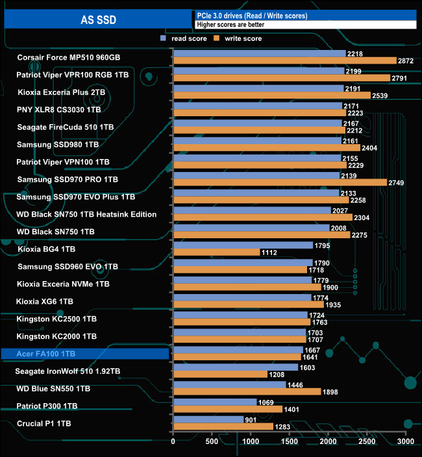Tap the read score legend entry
pyautogui.click(x=184, y=38)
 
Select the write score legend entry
pyautogui.click(x=240, y=38)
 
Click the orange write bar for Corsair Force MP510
pyautogui.click(x=284, y=60)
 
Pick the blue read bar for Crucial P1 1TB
pyautogui.click(x=208, y=419)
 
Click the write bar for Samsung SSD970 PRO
pyautogui.click(x=280, y=182)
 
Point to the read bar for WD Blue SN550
pyautogui.click(x=229, y=384)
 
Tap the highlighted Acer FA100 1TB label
pyautogui.click(x=85, y=354)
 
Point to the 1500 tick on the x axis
pyautogui.click(x=289, y=441)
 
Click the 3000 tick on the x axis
pyautogui.click(x=405, y=441)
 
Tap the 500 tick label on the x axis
pyautogui.click(x=212, y=441)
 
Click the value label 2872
pyautogui.click(x=405, y=60)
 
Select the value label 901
pyautogui.click(x=253, y=419)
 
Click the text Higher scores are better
pyautogui.click(x=230, y=25)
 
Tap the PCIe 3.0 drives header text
pyautogui.click(x=251, y=15)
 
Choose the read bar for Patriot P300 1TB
pyautogui.click(x=214, y=402)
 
